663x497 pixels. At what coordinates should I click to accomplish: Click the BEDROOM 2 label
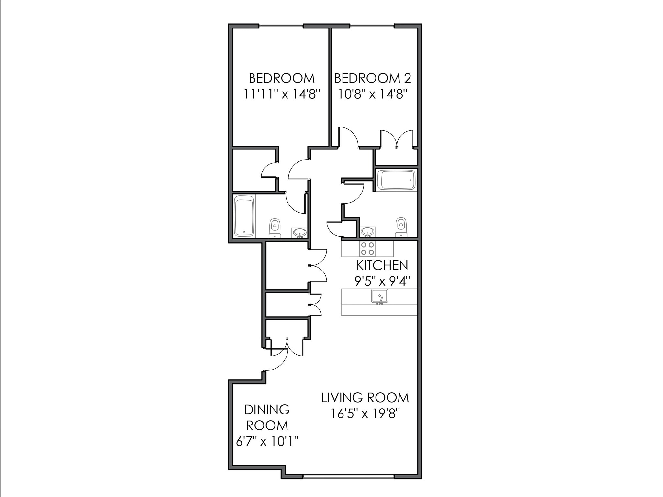(x=372, y=78)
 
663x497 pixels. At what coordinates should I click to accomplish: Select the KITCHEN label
(x=382, y=265)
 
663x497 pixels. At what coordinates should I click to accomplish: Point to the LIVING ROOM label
(x=365, y=398)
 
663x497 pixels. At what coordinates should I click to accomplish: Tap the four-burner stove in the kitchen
(x=367, y=249)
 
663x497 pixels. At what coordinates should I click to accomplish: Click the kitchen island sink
(x=379, y=296)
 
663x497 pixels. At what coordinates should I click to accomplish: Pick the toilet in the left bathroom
(x=275, y=228)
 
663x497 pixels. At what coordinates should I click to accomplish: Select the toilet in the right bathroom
(x=401, y=227)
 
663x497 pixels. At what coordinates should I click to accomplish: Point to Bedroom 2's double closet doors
(x=397, y=139)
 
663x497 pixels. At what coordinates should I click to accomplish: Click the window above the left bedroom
(x=281, y=26)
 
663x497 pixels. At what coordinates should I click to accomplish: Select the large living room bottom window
(x=348, y=476)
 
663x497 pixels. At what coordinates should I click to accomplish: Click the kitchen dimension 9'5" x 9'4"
(x=382, y=281)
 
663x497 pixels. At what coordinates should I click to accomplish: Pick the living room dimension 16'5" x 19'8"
(x=365, y=414)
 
